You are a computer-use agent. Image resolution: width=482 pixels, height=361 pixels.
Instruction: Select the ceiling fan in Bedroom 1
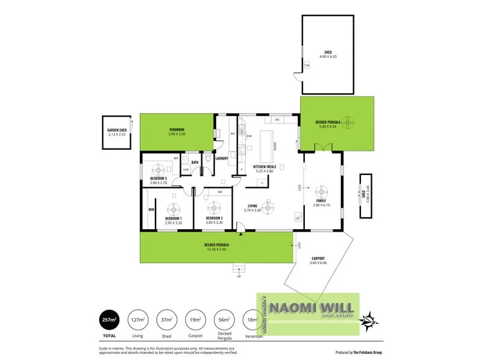(x=174, y=208)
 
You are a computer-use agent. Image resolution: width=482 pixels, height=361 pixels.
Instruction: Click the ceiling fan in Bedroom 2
(x=214, y=208)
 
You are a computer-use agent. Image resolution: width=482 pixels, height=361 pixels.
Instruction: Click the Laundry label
(x=221, y=159)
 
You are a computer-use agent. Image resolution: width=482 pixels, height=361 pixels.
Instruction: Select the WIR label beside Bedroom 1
(x=151, y=210)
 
